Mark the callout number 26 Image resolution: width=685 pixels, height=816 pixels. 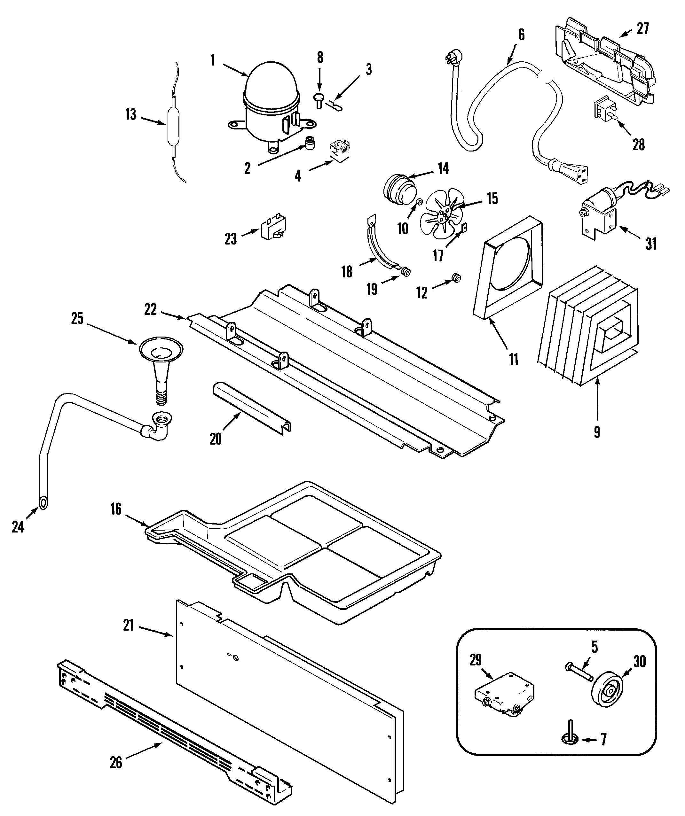(x=116, y=763)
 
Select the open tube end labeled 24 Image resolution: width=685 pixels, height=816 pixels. (x=43, y=502)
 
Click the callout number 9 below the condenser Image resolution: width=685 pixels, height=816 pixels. (x=597, y=432)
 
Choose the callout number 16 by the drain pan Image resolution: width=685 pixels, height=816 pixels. (x=116, y=509)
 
